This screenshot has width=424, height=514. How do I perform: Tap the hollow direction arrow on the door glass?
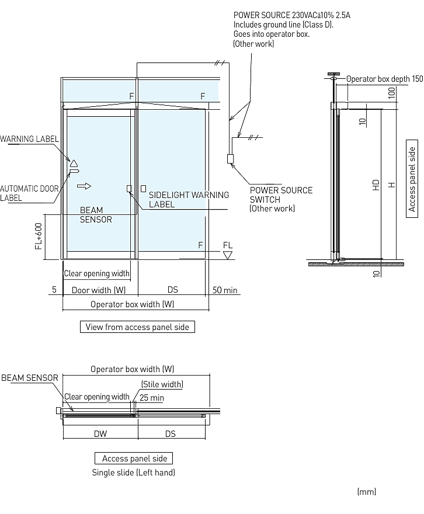tap(84, 186)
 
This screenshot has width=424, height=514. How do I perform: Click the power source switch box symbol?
tap(230, 159)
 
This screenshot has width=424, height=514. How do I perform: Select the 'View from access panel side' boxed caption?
tap(137, 327)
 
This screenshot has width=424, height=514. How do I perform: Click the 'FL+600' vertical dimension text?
tap(39, 236)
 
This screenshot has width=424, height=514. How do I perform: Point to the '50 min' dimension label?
tap(225, 290)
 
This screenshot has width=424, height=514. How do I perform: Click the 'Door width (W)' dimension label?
tap(99, 290)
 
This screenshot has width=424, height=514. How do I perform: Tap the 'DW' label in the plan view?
tap(100, 433)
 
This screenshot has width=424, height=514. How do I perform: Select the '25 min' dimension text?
tap(152, 398)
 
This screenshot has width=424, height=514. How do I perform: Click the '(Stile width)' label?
tap(162, 384)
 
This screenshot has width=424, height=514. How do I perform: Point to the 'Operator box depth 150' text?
tap(385, 79)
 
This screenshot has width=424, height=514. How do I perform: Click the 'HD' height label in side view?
tap(376, 185)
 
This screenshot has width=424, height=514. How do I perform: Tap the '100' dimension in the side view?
tap(391, 93)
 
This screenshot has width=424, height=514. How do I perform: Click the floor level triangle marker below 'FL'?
tap(227, 255)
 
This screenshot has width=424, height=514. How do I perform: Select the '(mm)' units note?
tap(367, 491)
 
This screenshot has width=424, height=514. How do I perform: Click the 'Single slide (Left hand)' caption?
tap(134, 473)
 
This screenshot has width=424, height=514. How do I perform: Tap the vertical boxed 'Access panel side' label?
tap(412, 179)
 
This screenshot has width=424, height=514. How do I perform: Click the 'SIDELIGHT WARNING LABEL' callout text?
tap(189, 200)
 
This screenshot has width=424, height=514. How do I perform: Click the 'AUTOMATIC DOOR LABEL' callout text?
tap(29, 193)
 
